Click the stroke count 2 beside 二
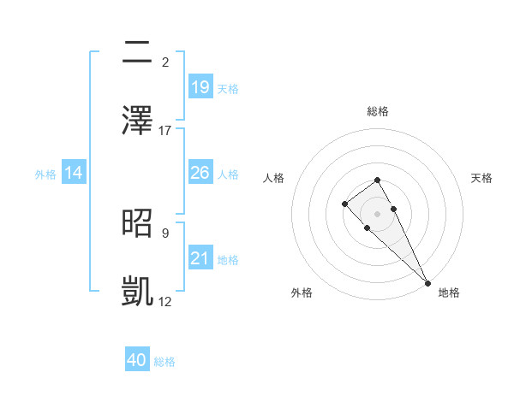165,62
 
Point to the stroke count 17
165,130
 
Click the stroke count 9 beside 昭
165,232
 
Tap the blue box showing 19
200,86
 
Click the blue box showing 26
200,173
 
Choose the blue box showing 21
200,258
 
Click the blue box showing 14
74,173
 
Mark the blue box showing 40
137,360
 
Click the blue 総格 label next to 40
164,362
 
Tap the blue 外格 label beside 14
45,174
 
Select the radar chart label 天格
481,178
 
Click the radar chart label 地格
449,293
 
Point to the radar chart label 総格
377,111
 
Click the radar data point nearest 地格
427,283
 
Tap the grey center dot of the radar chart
377,213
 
